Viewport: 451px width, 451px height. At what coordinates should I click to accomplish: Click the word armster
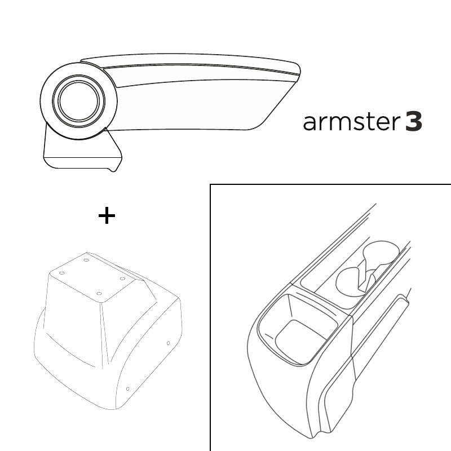[x=351, y=122]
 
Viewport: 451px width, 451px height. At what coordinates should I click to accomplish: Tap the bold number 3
[x=414, y=122]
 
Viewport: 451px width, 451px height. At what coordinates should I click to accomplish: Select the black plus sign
[x=107, y=215]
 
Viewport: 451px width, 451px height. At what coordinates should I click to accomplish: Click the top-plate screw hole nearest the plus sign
[x=86, y=260]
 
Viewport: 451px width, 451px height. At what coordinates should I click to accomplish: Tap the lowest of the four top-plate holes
[x=99, y=294]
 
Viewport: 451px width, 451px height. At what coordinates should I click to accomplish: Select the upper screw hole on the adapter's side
[x=168, y=343]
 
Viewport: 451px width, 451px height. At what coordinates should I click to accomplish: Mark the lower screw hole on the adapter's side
[x=128, y=389]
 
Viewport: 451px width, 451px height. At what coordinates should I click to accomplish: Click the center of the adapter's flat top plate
[x=92, y=277]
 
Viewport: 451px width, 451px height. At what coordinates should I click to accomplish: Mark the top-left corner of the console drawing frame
[x=210, y=184]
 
